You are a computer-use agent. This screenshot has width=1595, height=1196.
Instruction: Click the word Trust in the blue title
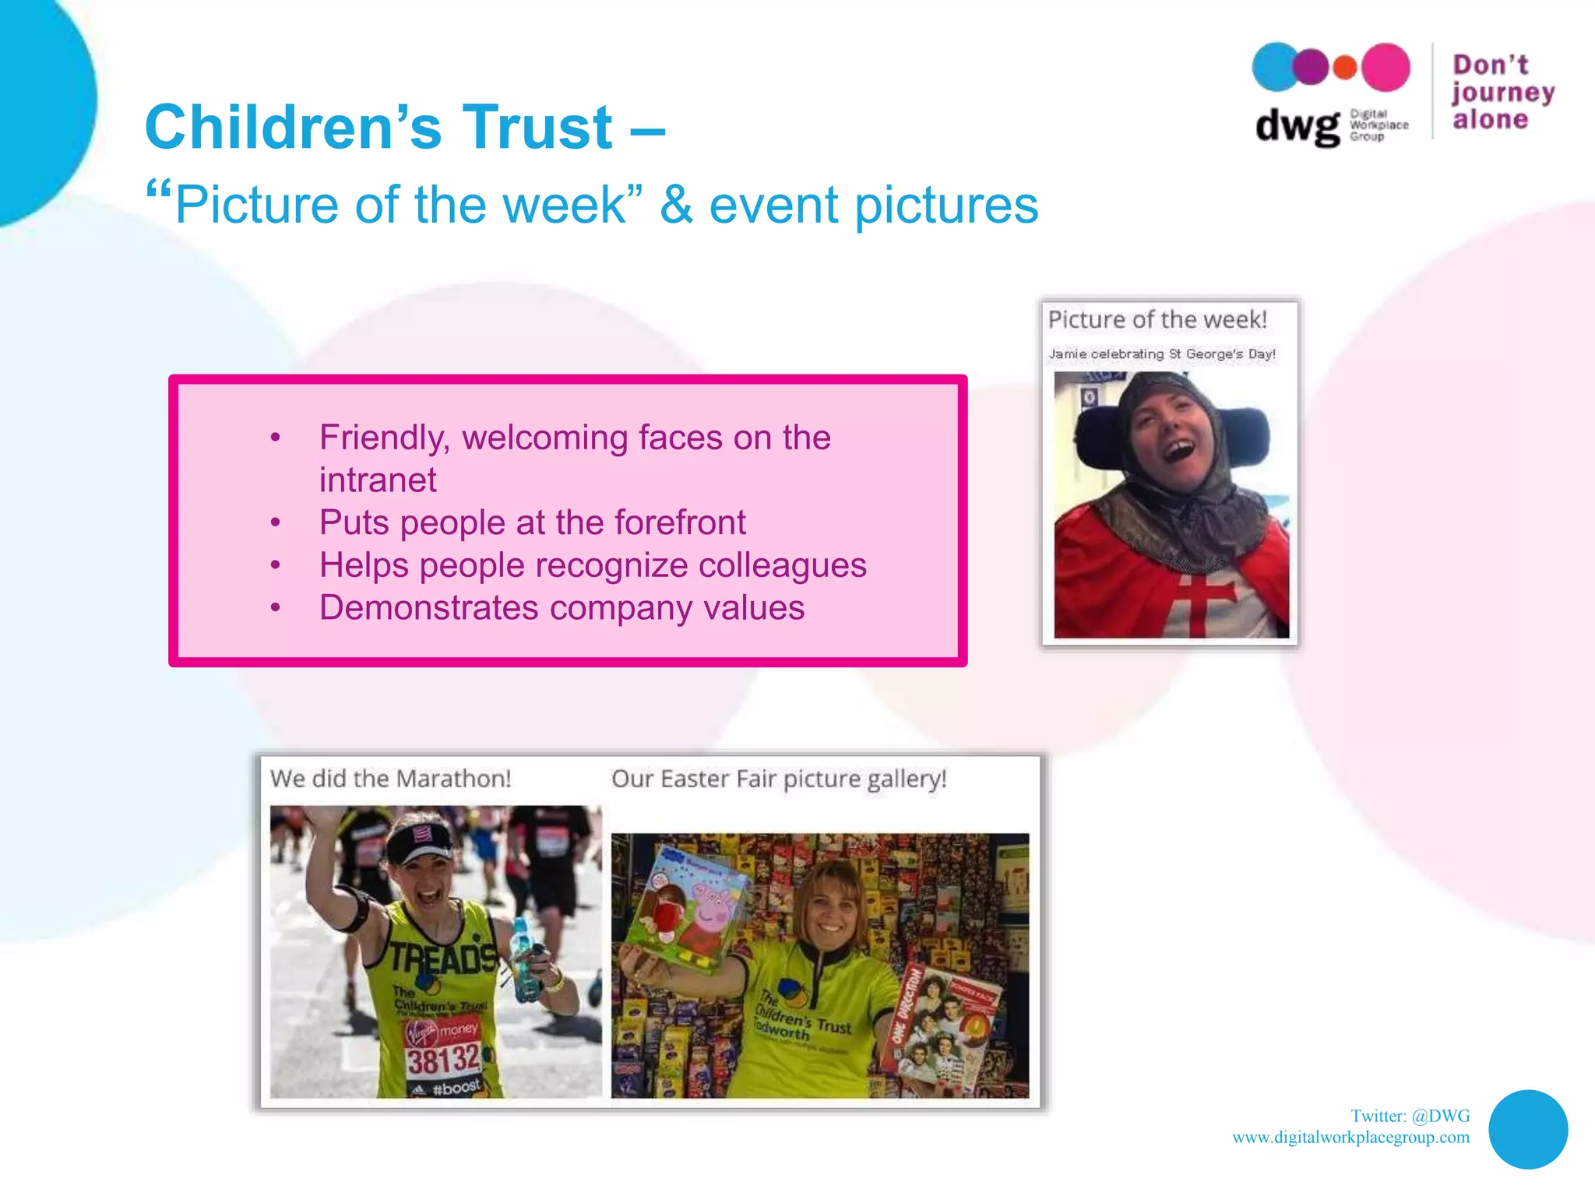click(537, 128)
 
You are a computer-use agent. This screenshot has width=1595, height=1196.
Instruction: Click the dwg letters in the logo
click(1297, 126)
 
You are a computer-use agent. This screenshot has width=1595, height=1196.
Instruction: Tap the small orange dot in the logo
click(1345, 68)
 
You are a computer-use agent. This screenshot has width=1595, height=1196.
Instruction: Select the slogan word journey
click(1502, 93)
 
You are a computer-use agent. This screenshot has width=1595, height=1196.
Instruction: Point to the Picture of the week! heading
click(1157, 320)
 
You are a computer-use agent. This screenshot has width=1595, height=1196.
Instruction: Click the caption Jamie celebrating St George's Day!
click(1161, 354)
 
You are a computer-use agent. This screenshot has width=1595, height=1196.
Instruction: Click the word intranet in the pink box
click(378, 480)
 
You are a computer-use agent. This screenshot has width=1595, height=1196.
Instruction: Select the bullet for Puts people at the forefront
click(275, 523)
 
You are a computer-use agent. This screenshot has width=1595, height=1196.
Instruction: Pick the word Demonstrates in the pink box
click(428, 608)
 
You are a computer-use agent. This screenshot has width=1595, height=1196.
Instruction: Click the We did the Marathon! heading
click(390, 779)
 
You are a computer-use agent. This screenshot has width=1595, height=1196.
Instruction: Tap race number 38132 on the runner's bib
click(442, 1060)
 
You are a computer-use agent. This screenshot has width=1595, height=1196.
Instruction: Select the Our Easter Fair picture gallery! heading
click(779, 779)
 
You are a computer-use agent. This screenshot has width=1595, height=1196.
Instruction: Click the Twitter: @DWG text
click(1410, 1117)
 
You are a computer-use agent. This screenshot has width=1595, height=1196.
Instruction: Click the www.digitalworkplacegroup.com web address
click(1350, 1138)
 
